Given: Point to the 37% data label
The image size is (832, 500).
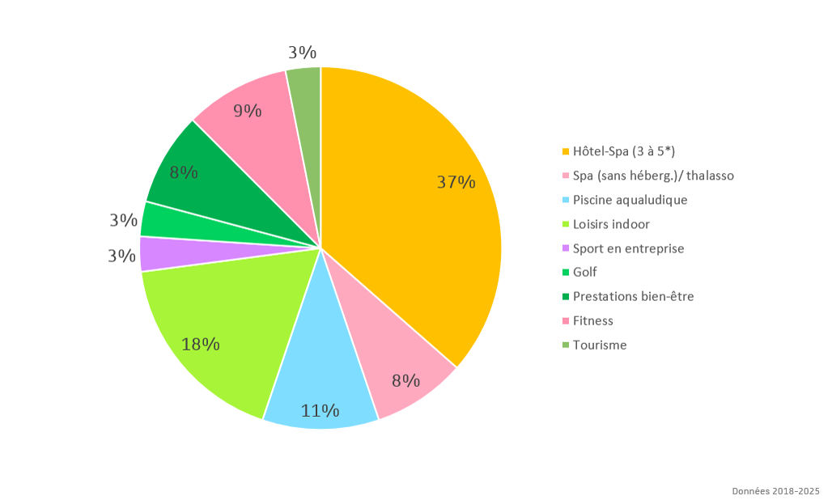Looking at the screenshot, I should [x=456, y=183].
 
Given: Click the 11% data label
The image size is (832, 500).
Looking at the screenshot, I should [x=320, y=411].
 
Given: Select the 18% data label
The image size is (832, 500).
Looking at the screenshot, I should [x=201, y=345].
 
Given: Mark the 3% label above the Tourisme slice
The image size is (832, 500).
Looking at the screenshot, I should [x=302, y=53].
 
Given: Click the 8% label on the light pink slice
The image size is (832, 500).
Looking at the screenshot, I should [x=405, y=380].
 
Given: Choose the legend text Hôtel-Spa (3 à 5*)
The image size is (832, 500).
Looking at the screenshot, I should [x=623, y=151].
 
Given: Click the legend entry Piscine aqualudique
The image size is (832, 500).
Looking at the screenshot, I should [x=630, y=200].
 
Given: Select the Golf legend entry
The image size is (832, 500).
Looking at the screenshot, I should [x=584, y=273].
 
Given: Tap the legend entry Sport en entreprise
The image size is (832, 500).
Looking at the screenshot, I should [x=628, y=248].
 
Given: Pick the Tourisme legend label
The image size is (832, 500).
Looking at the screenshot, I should [x=599, y=345].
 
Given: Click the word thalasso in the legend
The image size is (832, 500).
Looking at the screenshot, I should [x=709, y=176].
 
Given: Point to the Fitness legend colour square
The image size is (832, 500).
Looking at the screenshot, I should [x=565, y=321].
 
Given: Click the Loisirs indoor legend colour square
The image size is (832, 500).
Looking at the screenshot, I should [x=565, y=224].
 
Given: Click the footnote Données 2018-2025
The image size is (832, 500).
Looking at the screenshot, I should [x=775, y=491].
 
